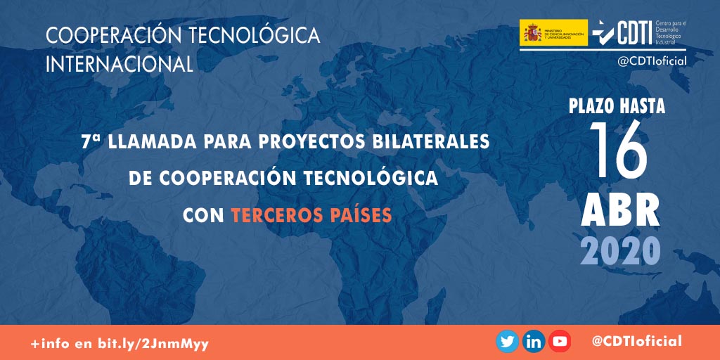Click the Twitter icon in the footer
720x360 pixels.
pyautogui.click(x=507, y=342)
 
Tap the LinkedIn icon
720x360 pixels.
pyautogui.click(x=534, y=342)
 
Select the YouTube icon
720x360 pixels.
pyautogui.click(x=560, y=342)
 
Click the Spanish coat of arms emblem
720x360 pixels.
pyautogui.click(x=530, y=32)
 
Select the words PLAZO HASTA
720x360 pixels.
pyautogui.click(x=617, y=107)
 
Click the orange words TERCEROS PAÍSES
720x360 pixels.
pyautogui.click(x=311, y=215)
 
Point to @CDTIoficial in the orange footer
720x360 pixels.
pyautogui.click(x=636, y=342)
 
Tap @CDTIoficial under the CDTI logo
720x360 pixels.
pyautogui.click(x=651, y=61)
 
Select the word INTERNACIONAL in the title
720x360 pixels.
pyautogui.click(x=119, y=64)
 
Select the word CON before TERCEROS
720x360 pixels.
pyautogui.click(x=203, y=215)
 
